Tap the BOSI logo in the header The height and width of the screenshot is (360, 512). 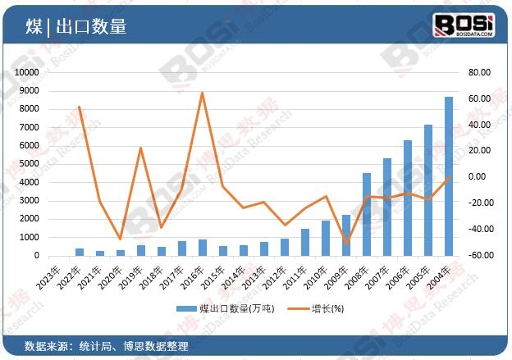(464, 25)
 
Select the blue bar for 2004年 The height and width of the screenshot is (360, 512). (449, 176)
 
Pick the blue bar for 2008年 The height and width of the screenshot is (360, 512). (367, 214)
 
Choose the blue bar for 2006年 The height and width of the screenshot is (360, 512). (408, 198)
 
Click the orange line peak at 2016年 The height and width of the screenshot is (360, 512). (202, 93)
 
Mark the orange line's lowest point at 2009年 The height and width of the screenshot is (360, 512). (346, 243)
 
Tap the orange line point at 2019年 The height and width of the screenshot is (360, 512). (140, 148)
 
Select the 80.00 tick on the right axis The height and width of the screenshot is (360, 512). (479, 72)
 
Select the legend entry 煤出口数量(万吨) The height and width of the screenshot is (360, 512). (231, 308)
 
